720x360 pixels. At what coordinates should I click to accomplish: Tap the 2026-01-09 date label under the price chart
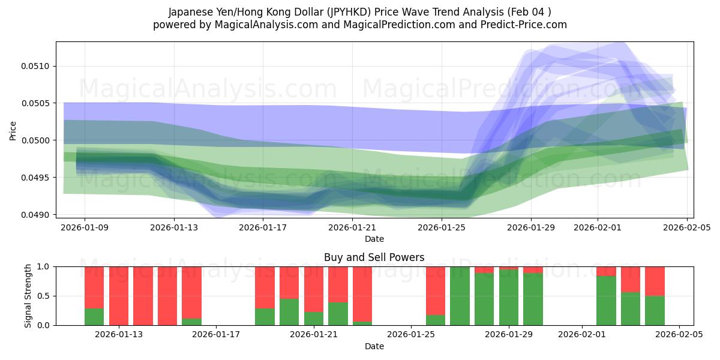click(84, 228)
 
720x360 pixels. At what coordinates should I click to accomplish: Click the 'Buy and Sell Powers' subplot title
click(374, 257)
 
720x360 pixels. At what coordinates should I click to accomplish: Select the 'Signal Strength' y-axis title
click(28, 296)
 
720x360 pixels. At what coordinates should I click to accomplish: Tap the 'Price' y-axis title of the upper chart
click(13, 130)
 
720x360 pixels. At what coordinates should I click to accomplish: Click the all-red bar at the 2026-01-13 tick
click(119, 296)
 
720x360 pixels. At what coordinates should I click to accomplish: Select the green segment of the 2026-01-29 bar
click(509, 298)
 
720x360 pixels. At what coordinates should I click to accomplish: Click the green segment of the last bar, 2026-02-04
click(655, 311)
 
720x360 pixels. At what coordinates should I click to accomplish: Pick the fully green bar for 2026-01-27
click(460, 296)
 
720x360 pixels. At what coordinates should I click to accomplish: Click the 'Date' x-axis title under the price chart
click(374, 239)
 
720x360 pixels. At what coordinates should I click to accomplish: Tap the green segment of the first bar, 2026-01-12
click(94, 317)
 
